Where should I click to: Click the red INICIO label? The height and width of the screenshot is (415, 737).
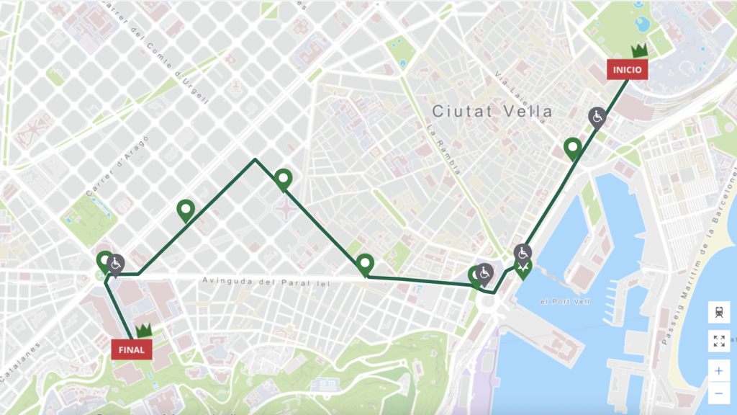coord(628,70)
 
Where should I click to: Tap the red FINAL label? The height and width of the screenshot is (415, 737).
coord(132,349)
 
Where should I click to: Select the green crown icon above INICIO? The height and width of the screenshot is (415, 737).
coord(639,50)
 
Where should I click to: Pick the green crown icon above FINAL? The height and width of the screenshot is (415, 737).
coord(144,330)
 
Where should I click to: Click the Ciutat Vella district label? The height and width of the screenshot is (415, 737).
coord(492,111)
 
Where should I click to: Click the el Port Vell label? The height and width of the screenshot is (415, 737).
coord(564,301)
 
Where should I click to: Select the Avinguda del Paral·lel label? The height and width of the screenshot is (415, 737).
coord(266,282)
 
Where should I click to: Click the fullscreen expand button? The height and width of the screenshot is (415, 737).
coord(718,341)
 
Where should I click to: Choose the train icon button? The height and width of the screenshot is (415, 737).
coord(718,312)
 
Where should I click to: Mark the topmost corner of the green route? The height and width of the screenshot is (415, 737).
coord(255,159)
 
